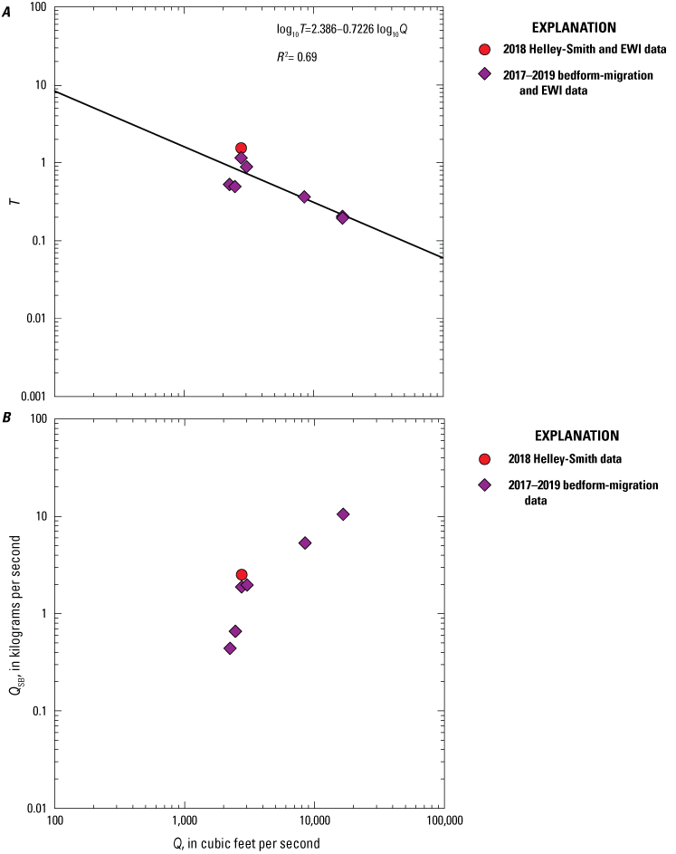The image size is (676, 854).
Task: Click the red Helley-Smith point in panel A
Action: coord(242,148)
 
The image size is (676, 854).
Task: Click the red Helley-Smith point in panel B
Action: coord(242,574)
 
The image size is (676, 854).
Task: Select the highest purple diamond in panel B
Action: coord(343,514)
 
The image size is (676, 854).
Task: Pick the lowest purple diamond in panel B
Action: coord(230,648)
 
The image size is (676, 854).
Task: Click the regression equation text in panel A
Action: coord(341,30)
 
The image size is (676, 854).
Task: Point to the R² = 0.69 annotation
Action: coord(296,56)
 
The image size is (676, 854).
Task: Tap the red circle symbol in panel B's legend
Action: coord(484,458)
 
